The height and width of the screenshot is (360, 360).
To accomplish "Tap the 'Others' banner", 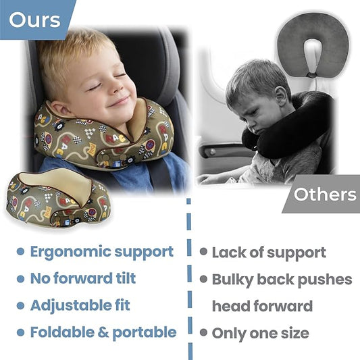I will tap(325, 195).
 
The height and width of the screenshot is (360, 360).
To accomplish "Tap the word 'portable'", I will tap(145, 332).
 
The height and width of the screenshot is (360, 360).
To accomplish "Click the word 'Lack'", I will tap(230, 253).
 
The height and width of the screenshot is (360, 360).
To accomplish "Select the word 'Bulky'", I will tap(232, 280).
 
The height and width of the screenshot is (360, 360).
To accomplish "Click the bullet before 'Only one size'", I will tap(203, 332).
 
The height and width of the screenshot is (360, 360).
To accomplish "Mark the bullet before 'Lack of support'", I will tap(203, 252).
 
